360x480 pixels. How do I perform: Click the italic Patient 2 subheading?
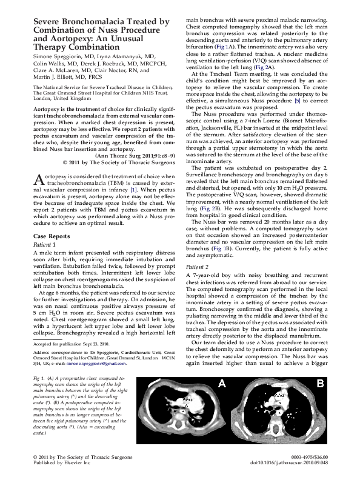click(198, 266)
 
